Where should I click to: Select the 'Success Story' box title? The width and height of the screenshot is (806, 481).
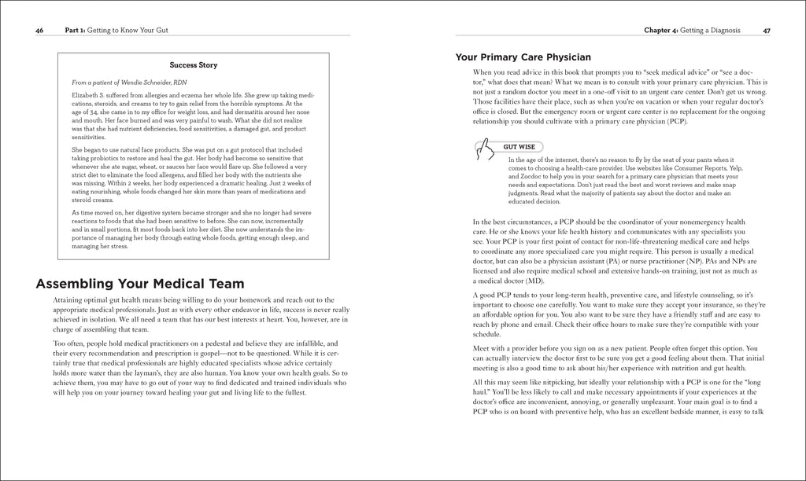194,65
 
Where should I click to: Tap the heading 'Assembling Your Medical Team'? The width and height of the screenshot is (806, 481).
141,284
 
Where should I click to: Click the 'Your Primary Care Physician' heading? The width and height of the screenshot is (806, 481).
523,57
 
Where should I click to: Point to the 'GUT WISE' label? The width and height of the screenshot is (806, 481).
516,146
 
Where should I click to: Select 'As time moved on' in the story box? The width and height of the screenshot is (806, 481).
99,212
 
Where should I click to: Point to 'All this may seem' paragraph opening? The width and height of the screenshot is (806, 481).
501,381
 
